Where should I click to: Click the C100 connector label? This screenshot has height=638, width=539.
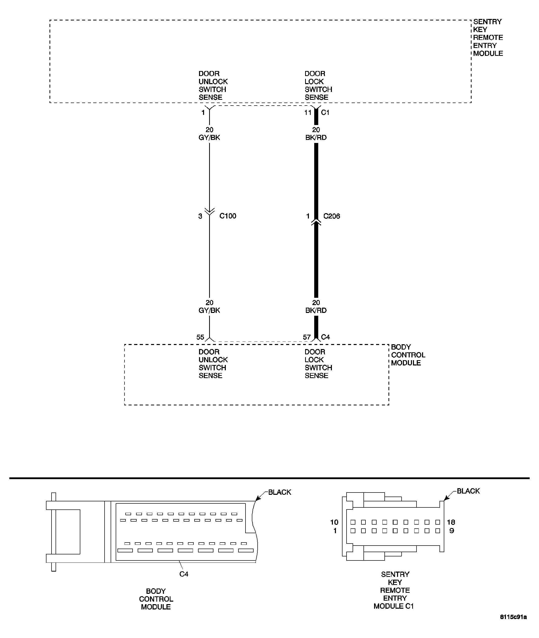pyautogui.click(x=228, y=216)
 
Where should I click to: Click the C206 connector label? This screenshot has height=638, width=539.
pyautogui.click(x=332, y=216)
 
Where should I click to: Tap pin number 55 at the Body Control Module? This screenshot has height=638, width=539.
pyautogui.click(x=200, y=337)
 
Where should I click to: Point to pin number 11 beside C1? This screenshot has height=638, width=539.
pyautogui.click(x=308, y=112)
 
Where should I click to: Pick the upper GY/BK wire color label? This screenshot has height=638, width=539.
pyautogui.click(x=209, y=137)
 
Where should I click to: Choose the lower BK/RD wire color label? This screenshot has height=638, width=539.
pyautogui.click(x=316, y=310)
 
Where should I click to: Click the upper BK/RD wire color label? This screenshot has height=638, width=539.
pyautogui.click(x=316, y=137)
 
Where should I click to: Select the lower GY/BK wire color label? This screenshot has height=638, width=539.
pyautogui.click(x=209, y=310)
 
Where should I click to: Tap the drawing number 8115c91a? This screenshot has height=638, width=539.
pyautogui.click(x=513, y=625)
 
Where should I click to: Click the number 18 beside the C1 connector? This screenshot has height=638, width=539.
pyautogui.click(x=451, y=522)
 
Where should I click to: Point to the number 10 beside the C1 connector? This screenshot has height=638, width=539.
pyautogui.click(x=334, y=522)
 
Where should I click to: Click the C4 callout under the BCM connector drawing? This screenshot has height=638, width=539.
pyautogui.click(x=184, y=574)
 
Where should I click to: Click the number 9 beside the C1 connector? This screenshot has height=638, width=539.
pyautogui.click(x=452, y=531)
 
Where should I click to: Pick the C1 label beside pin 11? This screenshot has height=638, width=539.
pyautogui.click(x=325, y=112)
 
